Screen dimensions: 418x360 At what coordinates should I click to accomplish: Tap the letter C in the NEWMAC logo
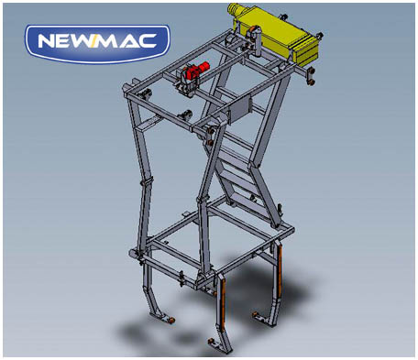145,41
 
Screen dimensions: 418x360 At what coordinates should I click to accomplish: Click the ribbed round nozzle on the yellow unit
235,10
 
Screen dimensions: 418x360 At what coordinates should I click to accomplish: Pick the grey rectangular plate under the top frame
240,110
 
